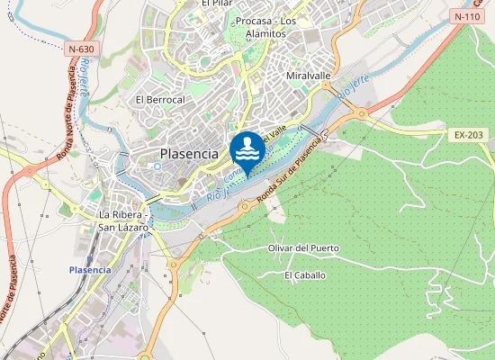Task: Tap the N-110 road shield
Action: (x=466, y=16)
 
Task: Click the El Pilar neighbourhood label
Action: (x=217, y=4)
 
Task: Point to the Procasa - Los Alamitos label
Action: (x=265, y=27)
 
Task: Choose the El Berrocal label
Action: (x=159, y=99)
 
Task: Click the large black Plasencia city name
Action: (x=189, y=154)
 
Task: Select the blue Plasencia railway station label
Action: (x=91, y=270)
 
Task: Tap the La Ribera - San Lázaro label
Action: (x=125, y=220)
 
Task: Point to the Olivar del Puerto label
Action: (x=304, y=247)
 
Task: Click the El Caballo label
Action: (x=305, y=275)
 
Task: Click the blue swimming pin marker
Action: (x=247, y=149)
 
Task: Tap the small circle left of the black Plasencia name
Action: (x=157, y=166)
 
